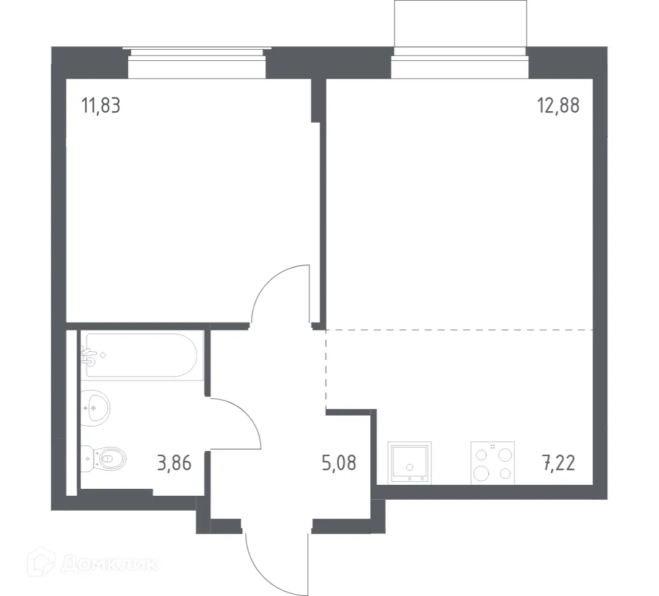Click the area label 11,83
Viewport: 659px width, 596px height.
point(101,106)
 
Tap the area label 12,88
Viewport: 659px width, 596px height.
point(558,106)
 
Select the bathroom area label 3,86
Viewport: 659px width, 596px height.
point(174,462)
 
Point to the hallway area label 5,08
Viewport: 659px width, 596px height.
point(339,462)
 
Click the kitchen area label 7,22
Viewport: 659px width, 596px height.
point(558,462)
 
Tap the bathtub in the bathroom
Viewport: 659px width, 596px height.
point(142,355)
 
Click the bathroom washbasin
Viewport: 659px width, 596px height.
point(94,408)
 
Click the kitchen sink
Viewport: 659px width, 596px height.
point(409,462)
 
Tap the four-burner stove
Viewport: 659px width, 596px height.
point(492,463)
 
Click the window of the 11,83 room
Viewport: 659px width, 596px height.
point(197,63)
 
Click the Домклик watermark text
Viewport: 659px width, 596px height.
point(109,564)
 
